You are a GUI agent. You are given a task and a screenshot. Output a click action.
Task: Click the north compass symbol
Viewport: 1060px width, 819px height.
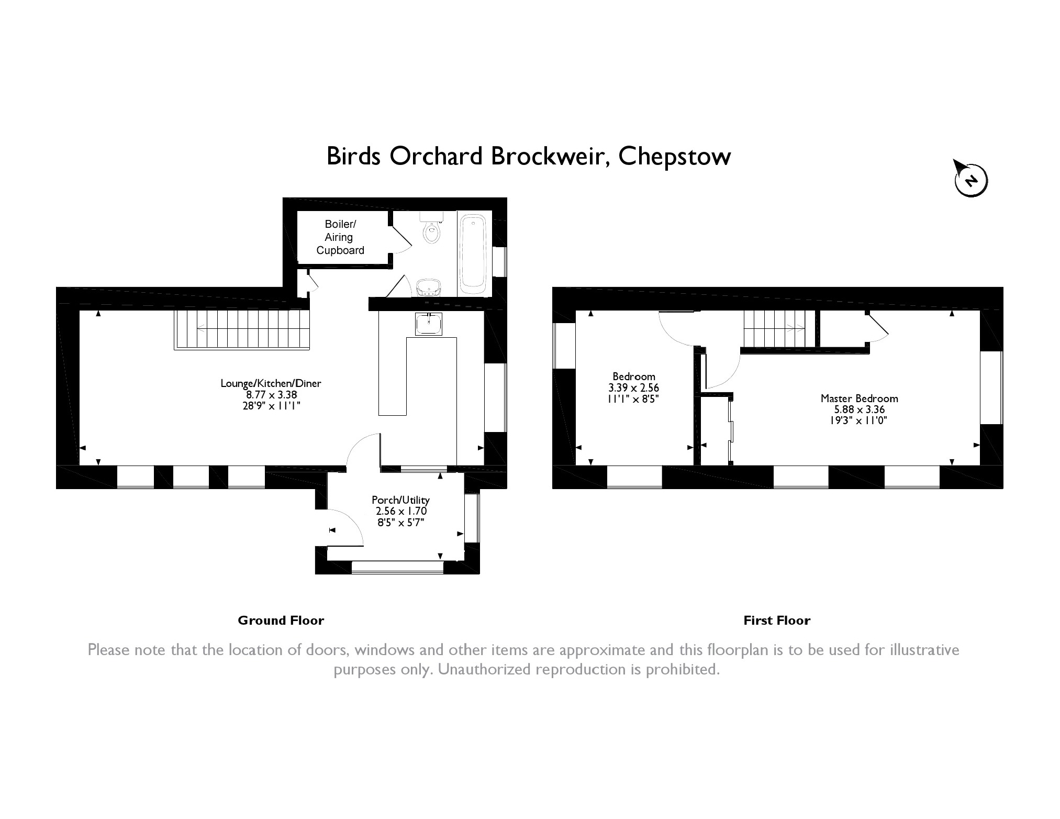[x=971, y=180]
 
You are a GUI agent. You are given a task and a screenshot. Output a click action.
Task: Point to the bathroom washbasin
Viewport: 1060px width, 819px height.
[x=429, y=287]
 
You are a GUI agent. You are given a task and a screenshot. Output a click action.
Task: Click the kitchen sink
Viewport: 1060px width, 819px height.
[x=429, y=324]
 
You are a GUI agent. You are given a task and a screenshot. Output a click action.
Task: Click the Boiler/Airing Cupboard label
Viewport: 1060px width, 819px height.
[x=340, y=237]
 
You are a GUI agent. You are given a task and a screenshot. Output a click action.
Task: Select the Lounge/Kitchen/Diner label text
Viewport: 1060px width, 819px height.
[x=271, y=383]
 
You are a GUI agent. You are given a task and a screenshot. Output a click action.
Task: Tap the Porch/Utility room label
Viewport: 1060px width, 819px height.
[x=400, y=500]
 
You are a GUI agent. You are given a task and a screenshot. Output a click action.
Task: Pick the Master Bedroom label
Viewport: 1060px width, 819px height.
[x=860, y=399]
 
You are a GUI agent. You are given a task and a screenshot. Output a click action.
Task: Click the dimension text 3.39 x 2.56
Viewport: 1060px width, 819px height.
[x=634, y=388]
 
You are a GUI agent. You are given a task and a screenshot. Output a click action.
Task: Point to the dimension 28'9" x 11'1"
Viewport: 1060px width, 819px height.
[x=271, y=405]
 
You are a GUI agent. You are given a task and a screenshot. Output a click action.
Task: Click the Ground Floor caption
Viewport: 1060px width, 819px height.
[x=281, y=621]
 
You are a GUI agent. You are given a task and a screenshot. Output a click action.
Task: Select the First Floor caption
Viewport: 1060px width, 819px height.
[x=777, y=621]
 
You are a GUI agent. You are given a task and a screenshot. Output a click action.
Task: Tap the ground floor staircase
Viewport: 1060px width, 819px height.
[x=242, y=329]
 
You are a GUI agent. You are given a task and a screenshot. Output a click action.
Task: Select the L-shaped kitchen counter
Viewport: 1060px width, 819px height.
[x=417, y=376]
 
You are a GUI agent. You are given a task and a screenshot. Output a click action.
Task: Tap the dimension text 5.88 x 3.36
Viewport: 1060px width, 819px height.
[x=860, y=410]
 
